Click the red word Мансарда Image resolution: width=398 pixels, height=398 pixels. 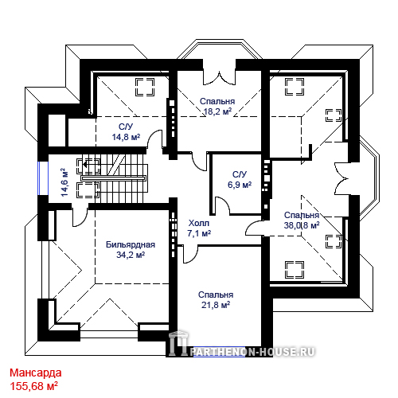[36, 373]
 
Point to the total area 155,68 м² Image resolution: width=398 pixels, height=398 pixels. [34, 386]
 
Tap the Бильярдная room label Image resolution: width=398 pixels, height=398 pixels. [131, 244]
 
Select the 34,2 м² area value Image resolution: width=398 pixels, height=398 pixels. [131, 255]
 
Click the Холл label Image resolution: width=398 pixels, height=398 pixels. [199, 223]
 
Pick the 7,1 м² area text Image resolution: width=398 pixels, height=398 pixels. [199, 233]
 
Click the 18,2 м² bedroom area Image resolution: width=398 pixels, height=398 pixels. [217, 111]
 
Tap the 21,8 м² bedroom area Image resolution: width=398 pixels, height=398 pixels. [216, 305]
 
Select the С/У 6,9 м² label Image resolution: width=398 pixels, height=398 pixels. [240, 179]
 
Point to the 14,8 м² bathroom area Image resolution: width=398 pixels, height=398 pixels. [126, 137]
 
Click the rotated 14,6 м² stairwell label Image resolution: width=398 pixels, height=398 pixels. [64, 182]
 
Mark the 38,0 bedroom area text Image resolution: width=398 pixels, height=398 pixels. [292, 225]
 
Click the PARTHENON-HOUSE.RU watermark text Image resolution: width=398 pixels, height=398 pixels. [252, 352]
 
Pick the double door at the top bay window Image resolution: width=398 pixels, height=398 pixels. [220, 78]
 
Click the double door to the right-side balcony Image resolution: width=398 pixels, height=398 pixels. [341, 179]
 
